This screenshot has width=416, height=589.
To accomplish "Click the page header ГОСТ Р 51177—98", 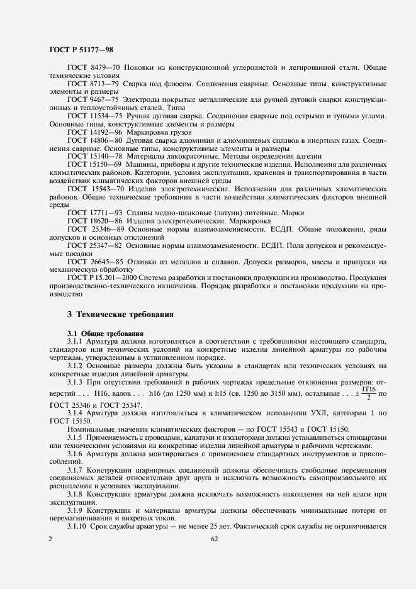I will pos(80,50).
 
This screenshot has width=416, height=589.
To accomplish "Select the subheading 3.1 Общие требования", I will pos(106,333).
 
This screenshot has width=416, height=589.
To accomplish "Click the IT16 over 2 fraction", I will pos(367,396).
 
